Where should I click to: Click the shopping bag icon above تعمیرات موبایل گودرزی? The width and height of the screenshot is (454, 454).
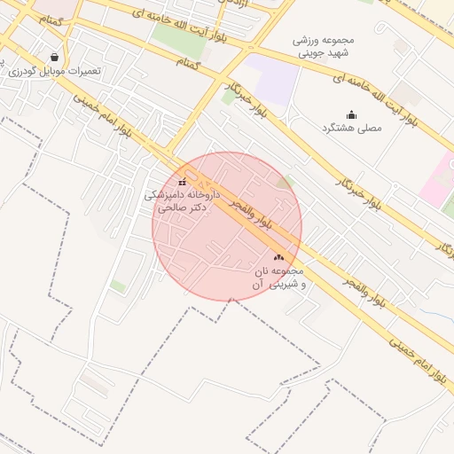(56, 56)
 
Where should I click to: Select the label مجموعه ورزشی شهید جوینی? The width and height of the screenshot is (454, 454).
(323, 46)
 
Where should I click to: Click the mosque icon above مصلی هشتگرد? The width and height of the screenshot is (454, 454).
(350, 114)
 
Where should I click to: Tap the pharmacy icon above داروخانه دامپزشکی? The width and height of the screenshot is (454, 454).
(182, 183)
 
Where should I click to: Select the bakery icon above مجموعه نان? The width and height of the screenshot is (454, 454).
(279, 257)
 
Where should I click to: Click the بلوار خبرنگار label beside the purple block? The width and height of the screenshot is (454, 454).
(251, 98)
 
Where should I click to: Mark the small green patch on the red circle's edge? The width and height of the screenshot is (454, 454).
(286, 183)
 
